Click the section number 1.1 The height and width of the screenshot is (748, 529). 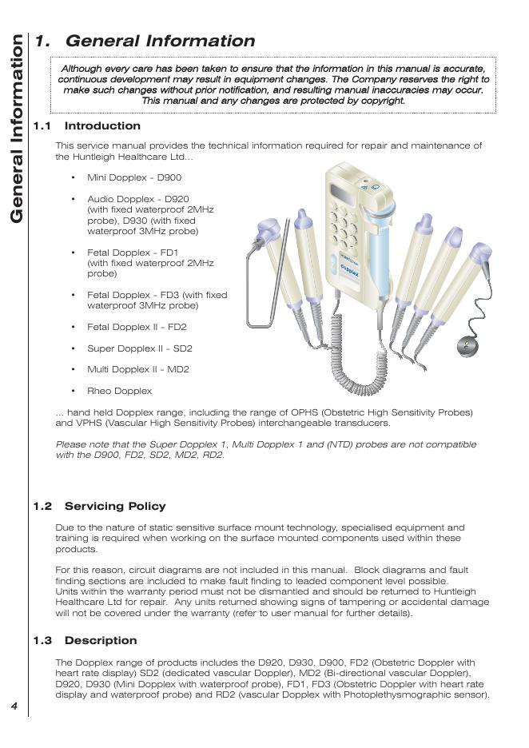[42, 126]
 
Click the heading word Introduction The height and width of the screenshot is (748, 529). [102, 126]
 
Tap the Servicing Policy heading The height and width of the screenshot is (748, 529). [115, 507]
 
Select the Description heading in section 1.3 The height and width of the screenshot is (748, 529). [101, 641]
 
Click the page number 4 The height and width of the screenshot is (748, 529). [14, 706]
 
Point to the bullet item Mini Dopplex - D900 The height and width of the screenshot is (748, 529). [134, 178]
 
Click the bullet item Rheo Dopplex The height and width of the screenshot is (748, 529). [119, 392]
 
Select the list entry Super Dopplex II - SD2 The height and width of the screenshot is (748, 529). [139, 349]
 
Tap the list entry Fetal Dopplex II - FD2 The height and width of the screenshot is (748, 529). [137, 328]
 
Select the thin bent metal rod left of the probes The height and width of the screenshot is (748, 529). [254, 288]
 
